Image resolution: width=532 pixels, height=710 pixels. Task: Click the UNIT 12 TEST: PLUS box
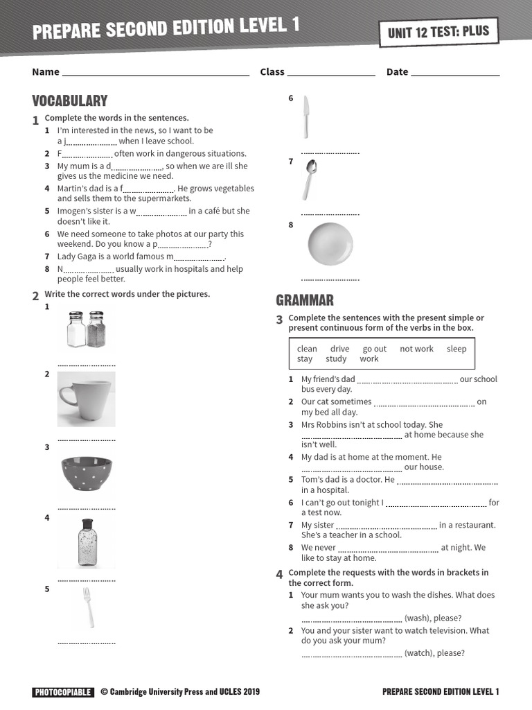pyautogui.click(x=438, y=32)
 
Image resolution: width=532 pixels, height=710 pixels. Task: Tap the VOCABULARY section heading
pyautogui.click(x=70, y=101)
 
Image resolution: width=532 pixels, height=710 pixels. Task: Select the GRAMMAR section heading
pyautogui.click(x=305, y=300)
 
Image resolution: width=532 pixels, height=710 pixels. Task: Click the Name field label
pyautogui.click(x=46, y=72)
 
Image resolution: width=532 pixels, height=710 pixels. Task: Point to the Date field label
pyautogui.click(x=397, y=72)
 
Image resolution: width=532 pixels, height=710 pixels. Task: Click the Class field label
pyautogui.click(x=272, y=72)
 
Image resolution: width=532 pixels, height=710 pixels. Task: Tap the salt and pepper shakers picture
pyautogui.click(x=87, y=330)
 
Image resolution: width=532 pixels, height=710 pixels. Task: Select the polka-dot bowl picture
pyautogui.click(x=87, y=473)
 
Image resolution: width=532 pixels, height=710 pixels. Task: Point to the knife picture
pyautogui.click(x=305, y=116)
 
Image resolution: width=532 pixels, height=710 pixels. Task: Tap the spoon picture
pyautogui.click(x=309, y=179)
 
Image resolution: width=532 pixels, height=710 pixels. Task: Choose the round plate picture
pyautogui.click(x=330, y=244)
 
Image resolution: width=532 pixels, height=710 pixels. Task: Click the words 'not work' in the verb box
pyautogui.click(x=416, y=349)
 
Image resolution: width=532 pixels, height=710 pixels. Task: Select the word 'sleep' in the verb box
pyautogui.click(x=456, y=349)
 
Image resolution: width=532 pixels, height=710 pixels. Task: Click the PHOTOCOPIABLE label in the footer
pyautogui.click(x=62, y=692)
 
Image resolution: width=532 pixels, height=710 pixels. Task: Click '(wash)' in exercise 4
pyautogui.click(x=417, y=618)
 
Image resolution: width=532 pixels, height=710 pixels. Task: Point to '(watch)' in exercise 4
pyautogui.click(x=418, y=653)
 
